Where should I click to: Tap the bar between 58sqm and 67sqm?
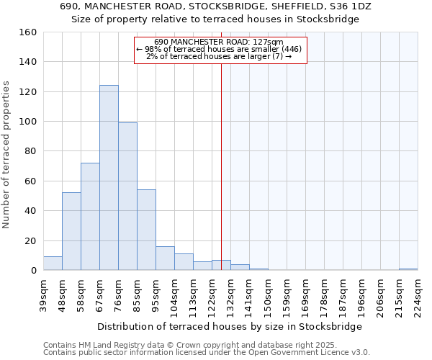point(90,217)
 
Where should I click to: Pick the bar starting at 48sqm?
point(71,231)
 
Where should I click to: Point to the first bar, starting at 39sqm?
point(53,264)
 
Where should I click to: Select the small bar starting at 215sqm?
point(408,269)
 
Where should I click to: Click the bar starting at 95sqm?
point(165,258)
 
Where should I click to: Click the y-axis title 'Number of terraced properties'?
point(6,154)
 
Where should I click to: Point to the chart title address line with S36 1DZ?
point(215,6)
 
